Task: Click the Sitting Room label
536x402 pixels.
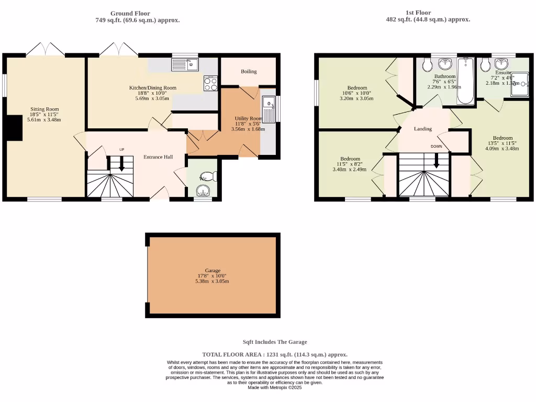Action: tap(44, 109)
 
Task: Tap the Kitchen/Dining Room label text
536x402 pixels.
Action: tap(153, 88)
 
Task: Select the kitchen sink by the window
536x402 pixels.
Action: tap(185, 65)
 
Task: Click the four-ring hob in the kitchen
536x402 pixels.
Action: tap(210, 84)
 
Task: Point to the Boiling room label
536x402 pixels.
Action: tap(249, 72)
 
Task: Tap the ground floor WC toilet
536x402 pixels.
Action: tap(208, 176)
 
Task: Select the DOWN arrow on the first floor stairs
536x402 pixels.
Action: tap(436, 162)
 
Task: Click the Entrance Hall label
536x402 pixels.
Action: tap(158, 157)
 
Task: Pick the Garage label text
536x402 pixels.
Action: tap(212, 271)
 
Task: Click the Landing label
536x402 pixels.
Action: tap(423, 129)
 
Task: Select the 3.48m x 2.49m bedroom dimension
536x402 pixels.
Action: tap(350, 169)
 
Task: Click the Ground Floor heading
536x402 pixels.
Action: tap(130, 14)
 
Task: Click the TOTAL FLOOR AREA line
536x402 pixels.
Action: tap(275, 354)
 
